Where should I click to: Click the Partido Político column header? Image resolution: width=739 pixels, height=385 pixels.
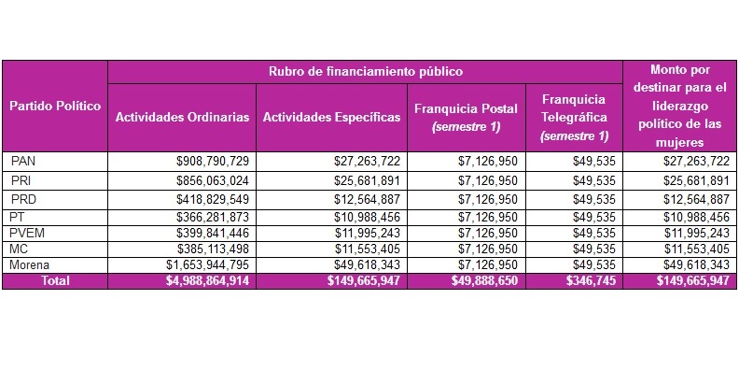[x=55, y=106]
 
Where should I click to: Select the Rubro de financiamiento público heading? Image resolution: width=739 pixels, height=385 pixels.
[x=365, y=71]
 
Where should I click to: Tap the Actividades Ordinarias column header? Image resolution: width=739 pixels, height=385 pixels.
[x=182, y=118]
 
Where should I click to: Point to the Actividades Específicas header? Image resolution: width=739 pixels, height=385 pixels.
[x=331, y=118]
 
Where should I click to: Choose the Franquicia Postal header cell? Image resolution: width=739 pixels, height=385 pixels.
[x=466, y=118]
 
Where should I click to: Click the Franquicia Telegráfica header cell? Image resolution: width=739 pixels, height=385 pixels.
[x=574, y=118]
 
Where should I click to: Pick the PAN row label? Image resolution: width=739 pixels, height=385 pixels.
[x=23, y=162]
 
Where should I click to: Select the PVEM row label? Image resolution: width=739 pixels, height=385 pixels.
[x=27, y=233]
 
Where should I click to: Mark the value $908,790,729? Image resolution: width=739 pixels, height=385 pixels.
[x=213, y=162]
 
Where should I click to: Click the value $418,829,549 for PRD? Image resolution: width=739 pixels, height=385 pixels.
[x=213, y=199]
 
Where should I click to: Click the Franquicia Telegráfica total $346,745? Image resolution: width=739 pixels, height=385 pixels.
[x=591, y=281]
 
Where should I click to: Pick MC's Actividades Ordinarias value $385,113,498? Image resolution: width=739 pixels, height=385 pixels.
[x=213, y=250]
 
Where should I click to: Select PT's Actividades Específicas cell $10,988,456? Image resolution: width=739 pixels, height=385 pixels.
[x=368, y=217]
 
